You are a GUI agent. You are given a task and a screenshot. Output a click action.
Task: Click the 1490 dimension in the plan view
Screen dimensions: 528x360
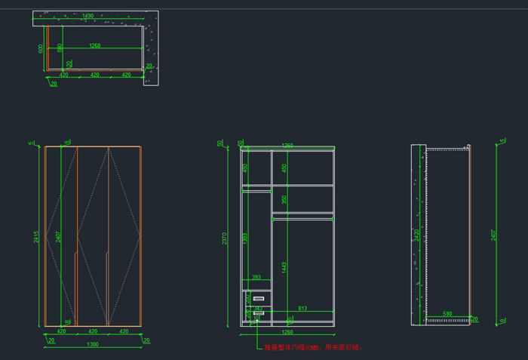point(88,16)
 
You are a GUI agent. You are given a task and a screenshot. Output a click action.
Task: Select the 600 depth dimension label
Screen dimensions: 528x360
point(41,48)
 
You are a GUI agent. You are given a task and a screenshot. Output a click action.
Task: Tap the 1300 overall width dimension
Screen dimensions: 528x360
point(93,345)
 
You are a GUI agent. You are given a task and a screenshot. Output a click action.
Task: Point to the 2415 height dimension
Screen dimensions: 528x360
point(36,237)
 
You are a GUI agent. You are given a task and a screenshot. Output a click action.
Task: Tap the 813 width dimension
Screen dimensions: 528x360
point(302,308)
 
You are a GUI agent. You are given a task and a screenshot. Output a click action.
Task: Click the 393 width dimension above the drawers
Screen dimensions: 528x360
point(256,278)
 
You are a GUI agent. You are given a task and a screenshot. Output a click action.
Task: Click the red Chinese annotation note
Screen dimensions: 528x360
point(314,348)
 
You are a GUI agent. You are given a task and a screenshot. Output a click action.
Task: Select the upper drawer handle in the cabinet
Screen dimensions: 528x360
point(259,300)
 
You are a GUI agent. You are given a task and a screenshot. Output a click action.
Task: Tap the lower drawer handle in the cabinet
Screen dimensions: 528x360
point(258,312)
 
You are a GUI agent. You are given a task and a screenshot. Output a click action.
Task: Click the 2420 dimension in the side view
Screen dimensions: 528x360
point(416,235)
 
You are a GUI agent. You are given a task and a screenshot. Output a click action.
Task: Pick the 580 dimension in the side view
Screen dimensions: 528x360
point(447,314)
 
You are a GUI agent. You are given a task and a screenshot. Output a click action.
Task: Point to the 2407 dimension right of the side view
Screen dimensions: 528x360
point(493,235)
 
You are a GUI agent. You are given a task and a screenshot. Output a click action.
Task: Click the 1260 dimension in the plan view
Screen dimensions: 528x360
point(94,46)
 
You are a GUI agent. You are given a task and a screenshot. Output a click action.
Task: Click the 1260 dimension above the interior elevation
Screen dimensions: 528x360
point(287,146)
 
